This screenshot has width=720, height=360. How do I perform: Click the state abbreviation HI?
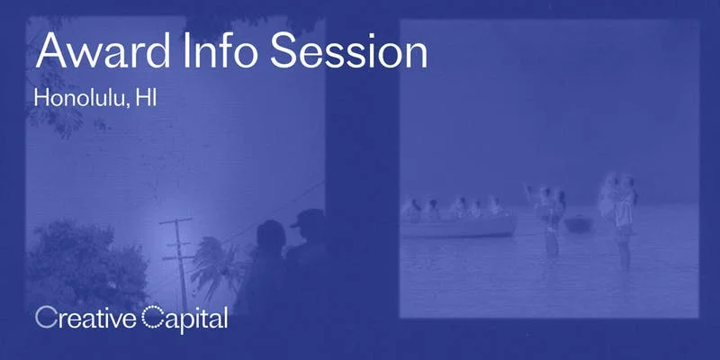pos(146,97)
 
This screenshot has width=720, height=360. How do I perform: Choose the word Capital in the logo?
pos(185,318)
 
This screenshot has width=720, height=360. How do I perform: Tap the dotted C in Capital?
pos(152,318)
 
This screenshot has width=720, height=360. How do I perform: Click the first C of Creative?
pos(44,318)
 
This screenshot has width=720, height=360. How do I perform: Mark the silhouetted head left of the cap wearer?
pos(271,236)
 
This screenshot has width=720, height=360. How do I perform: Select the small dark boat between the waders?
pos(576,224)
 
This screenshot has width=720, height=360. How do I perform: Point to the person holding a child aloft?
pos(621,211)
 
